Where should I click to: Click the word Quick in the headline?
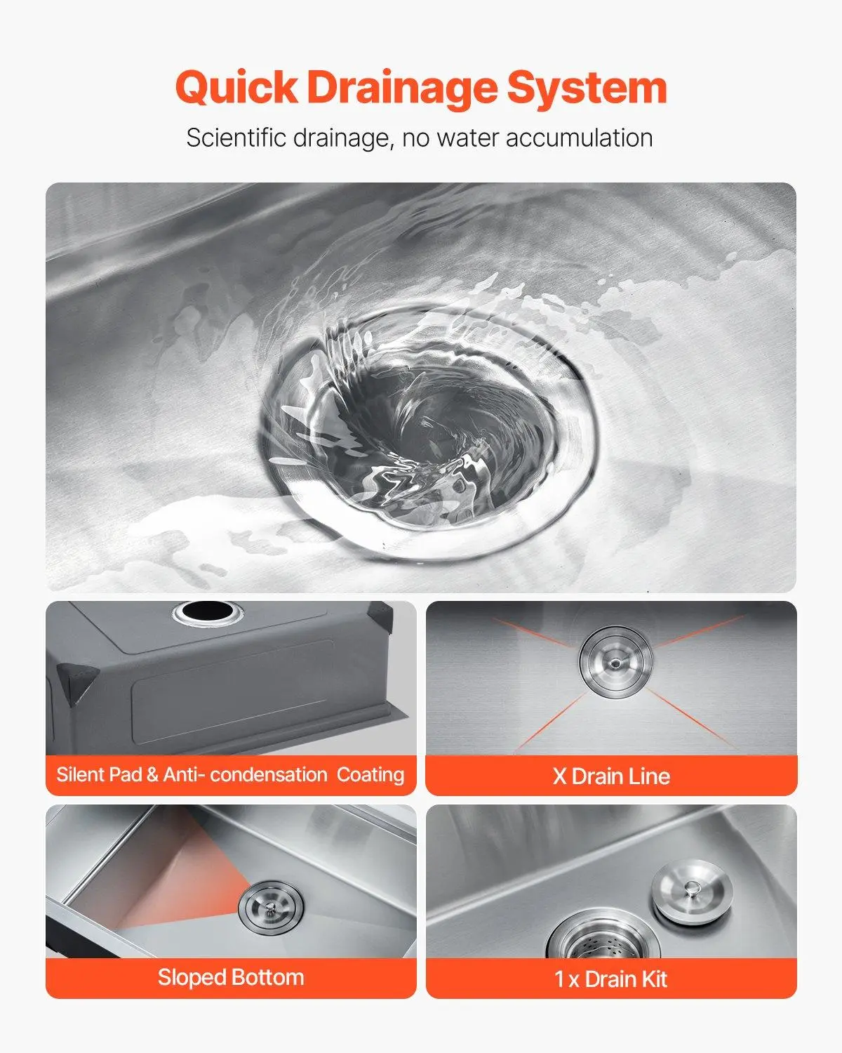[236, 87]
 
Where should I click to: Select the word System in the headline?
[587, 88]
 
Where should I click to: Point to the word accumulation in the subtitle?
[580, 138]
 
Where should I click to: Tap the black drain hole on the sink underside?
[207, 611]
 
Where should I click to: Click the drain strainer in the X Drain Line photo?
[615, 662]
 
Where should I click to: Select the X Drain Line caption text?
[612, 776]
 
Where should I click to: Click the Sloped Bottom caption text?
[231, 977]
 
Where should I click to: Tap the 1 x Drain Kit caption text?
[610, 979]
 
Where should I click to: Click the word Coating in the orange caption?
[370, 776]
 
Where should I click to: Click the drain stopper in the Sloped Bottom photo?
[271, 908]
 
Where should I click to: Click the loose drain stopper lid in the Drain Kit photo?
[693, 887]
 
